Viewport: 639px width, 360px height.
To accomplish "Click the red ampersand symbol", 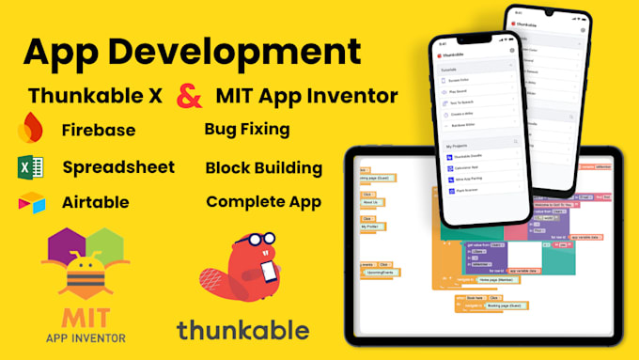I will pos(191,95).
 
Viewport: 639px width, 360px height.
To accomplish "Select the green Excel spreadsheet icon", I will pos(29,168).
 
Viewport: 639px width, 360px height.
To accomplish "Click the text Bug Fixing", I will pos(246,129).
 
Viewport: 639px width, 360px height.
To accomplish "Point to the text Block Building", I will pos(263,168).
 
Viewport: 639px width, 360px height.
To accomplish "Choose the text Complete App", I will pos(263,201).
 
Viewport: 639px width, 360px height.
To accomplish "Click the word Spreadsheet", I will pos(118,167).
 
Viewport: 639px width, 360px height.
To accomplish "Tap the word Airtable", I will pos(95,202).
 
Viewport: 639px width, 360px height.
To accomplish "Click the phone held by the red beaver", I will pos(268,273).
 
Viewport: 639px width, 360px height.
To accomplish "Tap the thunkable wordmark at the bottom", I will pos(242,330).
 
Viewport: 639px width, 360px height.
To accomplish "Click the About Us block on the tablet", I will pos(369,201).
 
